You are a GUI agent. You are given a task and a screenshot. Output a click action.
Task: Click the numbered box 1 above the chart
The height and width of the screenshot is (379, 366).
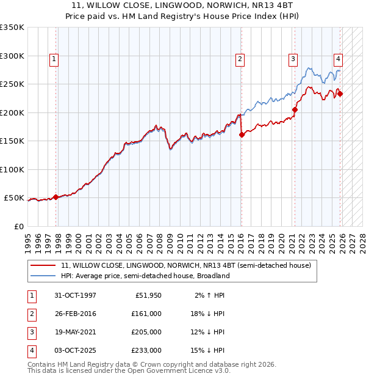tap(54, 59)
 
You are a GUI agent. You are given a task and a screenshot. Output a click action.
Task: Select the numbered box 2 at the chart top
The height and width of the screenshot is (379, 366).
tap(240, 59)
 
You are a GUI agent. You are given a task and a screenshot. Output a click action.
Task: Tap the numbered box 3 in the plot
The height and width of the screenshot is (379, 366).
tap(293, 59)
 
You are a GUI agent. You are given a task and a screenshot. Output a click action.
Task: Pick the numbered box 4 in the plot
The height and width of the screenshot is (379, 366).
tap(337, 59)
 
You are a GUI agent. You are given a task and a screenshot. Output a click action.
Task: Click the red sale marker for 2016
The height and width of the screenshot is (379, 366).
tap(242, 135)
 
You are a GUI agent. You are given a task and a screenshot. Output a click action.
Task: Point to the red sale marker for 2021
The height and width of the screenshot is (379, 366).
tap(295, 110)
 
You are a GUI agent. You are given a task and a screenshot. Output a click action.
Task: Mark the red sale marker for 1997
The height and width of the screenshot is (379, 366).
tap(56, 197)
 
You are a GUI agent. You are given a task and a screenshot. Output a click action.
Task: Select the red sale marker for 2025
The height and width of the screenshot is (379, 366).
tap(340, 94)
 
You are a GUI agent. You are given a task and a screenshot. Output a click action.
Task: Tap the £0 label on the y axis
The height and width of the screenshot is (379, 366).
tap(20, 226)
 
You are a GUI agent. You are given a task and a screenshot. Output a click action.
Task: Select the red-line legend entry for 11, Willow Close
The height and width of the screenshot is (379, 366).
tap(186, 265)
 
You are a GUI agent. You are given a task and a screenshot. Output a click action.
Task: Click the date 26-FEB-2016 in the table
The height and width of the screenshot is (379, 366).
tap(75, 314)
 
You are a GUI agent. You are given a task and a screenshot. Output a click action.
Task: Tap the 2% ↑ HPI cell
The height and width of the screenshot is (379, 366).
tap(208, 295)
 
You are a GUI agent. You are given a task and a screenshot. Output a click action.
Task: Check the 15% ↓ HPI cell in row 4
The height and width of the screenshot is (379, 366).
tap(208, 350)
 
